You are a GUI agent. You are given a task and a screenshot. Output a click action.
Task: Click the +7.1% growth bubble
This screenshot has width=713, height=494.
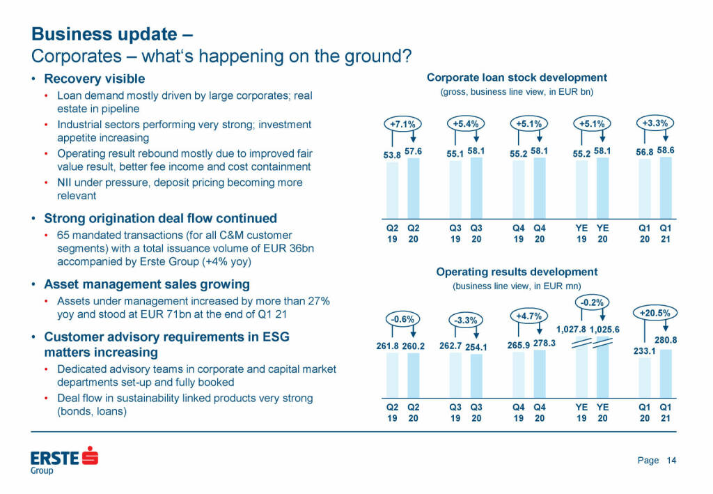(x=402, y=124)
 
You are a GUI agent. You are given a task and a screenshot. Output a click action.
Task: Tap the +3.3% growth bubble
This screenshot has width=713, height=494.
(x=655, y=123)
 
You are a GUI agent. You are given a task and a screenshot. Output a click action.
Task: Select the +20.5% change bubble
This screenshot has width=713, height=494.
(x=655, y=313)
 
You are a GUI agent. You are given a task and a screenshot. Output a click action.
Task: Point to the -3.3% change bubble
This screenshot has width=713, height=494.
(x=466, y=321)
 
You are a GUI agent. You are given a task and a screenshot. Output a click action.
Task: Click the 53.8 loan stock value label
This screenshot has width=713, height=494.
(x=392, y=155)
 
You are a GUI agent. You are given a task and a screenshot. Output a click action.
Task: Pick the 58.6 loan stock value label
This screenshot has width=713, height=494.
(x=666, y=150)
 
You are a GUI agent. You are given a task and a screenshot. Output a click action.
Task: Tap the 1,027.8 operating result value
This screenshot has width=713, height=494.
(x=571, y=330)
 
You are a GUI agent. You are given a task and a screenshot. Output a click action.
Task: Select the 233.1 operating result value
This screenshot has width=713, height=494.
(x=644, y=351)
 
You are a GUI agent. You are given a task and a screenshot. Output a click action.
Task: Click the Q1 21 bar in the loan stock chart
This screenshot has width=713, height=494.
(x=666, y=188)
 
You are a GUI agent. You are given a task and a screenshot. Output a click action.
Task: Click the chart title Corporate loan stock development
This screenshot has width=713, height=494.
(x=517, y=77)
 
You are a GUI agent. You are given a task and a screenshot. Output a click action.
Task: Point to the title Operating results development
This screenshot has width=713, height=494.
(x=517, y=272)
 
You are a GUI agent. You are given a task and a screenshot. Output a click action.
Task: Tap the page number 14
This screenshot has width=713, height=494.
(x=671, y=461)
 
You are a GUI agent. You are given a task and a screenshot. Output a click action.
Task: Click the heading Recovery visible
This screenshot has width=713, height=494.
(x=95, y=79)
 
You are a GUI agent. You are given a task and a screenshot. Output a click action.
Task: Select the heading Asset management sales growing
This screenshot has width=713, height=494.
(x=146, y=284)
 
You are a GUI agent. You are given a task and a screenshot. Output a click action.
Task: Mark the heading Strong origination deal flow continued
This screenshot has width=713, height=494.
(x=160, y=218)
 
